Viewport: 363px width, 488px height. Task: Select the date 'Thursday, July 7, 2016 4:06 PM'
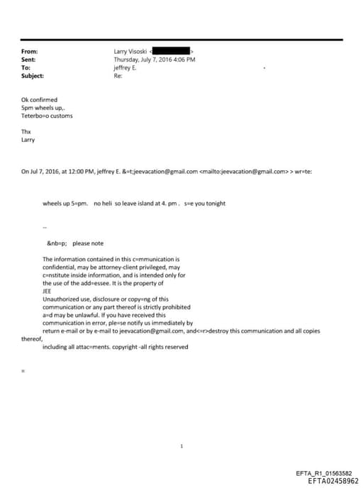coord(155,60)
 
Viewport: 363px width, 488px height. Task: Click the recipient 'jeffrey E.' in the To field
coord(125,68)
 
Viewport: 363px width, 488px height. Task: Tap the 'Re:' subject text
coord(118,76)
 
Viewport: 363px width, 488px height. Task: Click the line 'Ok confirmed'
coord(40,100)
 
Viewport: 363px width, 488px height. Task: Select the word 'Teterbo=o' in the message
coord(34,116)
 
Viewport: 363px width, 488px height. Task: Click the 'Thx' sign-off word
coord(26,132)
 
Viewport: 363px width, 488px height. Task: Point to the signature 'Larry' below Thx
coord(28,140)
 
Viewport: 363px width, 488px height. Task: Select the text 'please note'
coord(88,243)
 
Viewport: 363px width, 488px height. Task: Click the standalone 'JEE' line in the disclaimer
coord(48,291)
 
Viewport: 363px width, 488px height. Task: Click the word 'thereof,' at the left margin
coord(33,338)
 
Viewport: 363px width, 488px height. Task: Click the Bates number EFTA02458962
coord(328,481)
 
